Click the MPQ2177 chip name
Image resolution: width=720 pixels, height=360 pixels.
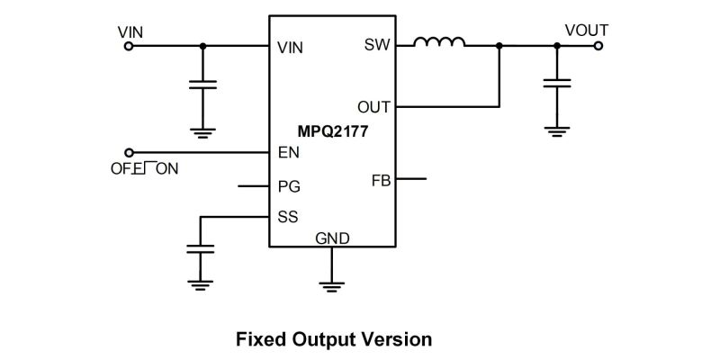point(333,130)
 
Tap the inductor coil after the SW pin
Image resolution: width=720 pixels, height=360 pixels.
point(439,42)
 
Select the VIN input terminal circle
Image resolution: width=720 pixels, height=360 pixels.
point(128,45)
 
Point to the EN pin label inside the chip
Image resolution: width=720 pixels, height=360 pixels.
point(289,153)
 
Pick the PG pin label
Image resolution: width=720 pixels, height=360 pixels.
point(290,187)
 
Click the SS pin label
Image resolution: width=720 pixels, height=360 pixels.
point(289,216)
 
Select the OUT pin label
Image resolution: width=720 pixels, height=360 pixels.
point(373,107)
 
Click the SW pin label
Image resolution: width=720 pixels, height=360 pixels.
point(377,45)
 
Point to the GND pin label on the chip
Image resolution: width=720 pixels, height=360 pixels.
point(332,238)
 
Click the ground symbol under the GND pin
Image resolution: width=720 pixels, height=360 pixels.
point(332,285)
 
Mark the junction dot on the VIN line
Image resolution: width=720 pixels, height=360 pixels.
point(202,45)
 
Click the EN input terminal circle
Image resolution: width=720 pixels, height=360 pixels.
point(128,153)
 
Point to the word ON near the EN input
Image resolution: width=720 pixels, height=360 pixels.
point(167,168)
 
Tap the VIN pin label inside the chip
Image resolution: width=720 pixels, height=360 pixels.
point(291,49)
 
